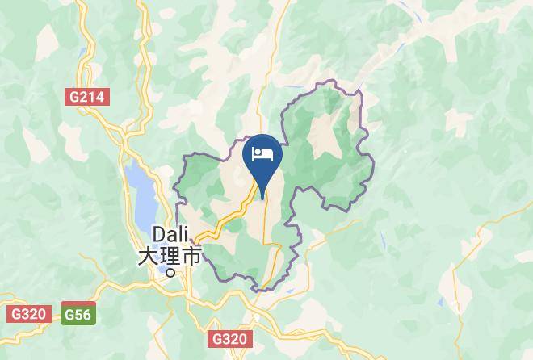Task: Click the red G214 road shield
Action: click(88, 97)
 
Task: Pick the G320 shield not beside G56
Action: click(231, 338)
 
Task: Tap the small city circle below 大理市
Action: click(170, 272)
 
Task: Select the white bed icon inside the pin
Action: click(263, 153)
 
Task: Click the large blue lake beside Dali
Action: click(139, 194)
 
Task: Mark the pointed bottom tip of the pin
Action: click(263, 196)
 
